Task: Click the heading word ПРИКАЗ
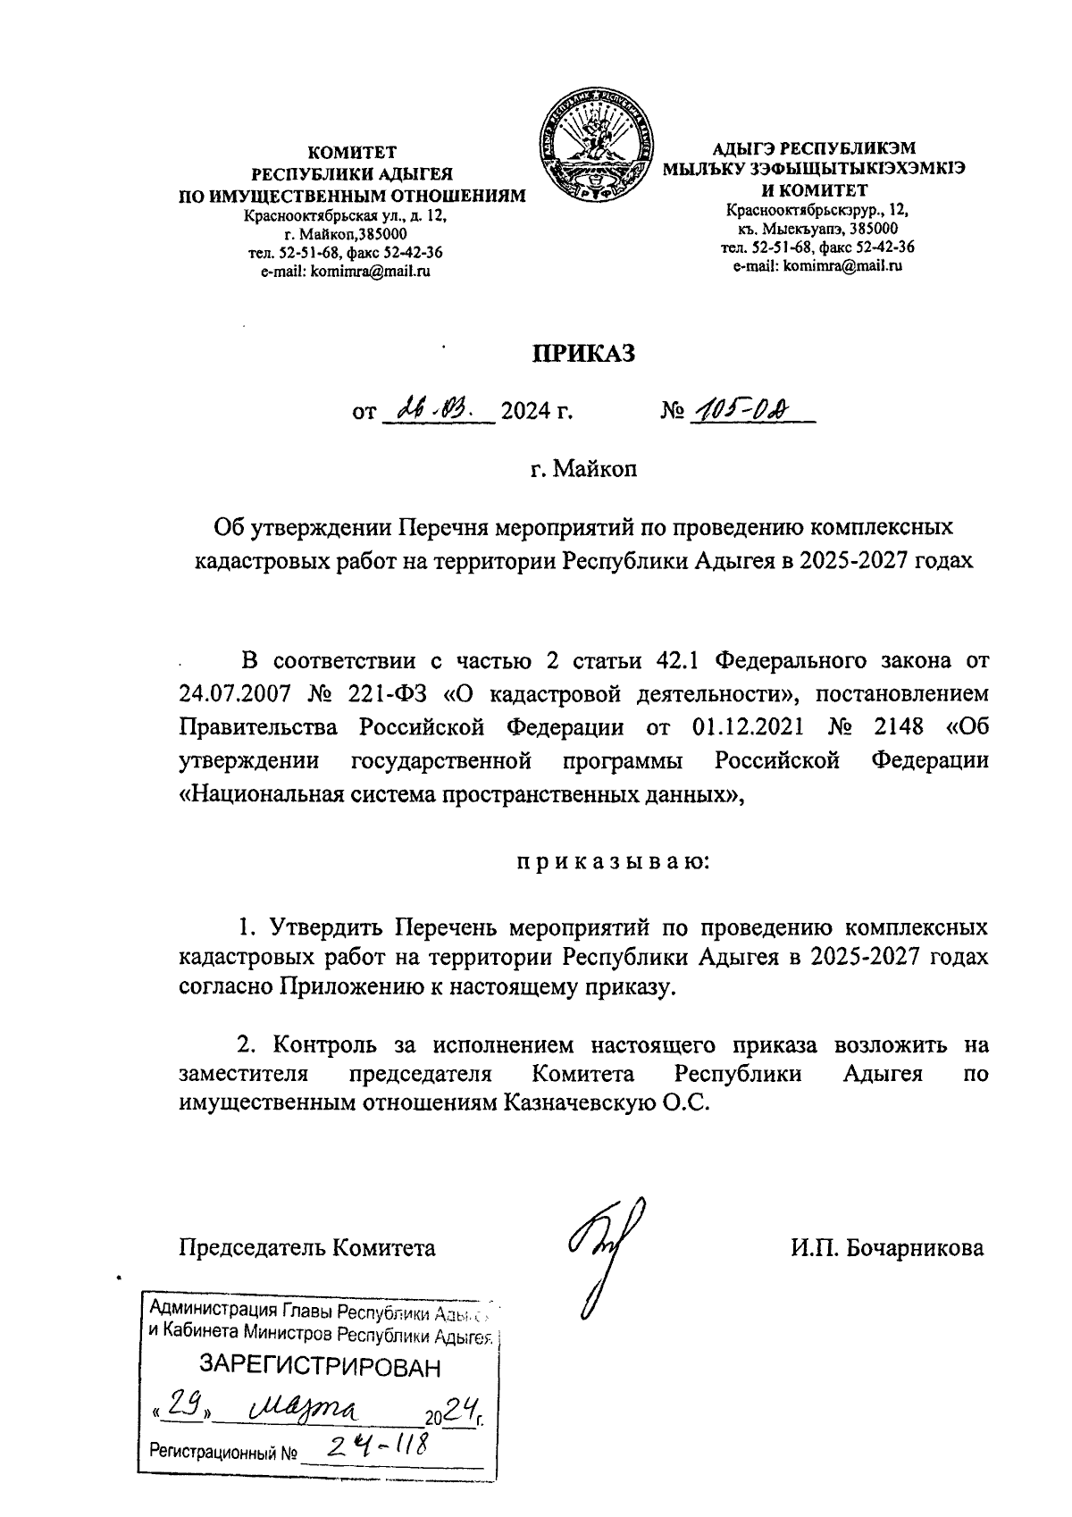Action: [583, 354]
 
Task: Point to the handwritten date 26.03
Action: [437, 412]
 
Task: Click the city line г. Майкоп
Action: [583, 468]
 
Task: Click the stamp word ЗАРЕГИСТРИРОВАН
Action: [320, 1368]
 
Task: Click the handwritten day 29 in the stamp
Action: [183, 1409]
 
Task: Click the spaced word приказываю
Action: [614, 863]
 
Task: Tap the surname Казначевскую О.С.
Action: [607, 1102]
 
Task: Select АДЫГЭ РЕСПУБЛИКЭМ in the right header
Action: [814, 149]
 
